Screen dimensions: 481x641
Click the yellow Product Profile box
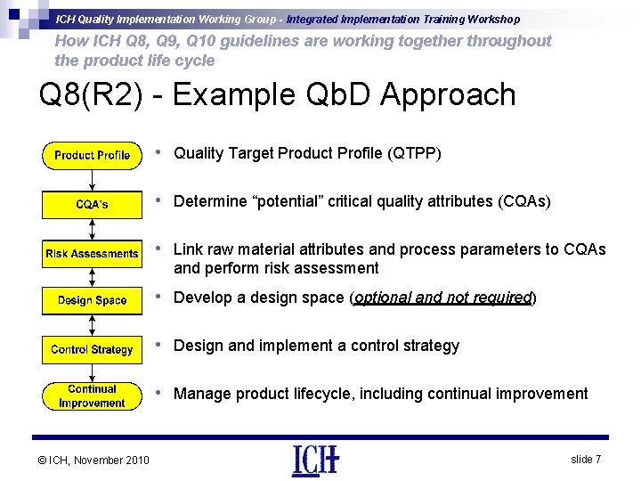(92, 156)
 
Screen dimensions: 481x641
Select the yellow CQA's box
(92, 205)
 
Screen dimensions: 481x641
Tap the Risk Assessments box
(92, 254)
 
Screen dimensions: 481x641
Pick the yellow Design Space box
(92, 301)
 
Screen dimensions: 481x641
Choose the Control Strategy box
(92, 350)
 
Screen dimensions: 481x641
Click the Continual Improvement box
(92, 396)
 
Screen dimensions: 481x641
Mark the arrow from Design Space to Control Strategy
(92, 325)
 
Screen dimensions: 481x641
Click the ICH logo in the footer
(315, 460)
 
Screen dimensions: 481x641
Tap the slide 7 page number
(585, 459)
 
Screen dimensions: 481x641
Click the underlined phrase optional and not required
(442, 298)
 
